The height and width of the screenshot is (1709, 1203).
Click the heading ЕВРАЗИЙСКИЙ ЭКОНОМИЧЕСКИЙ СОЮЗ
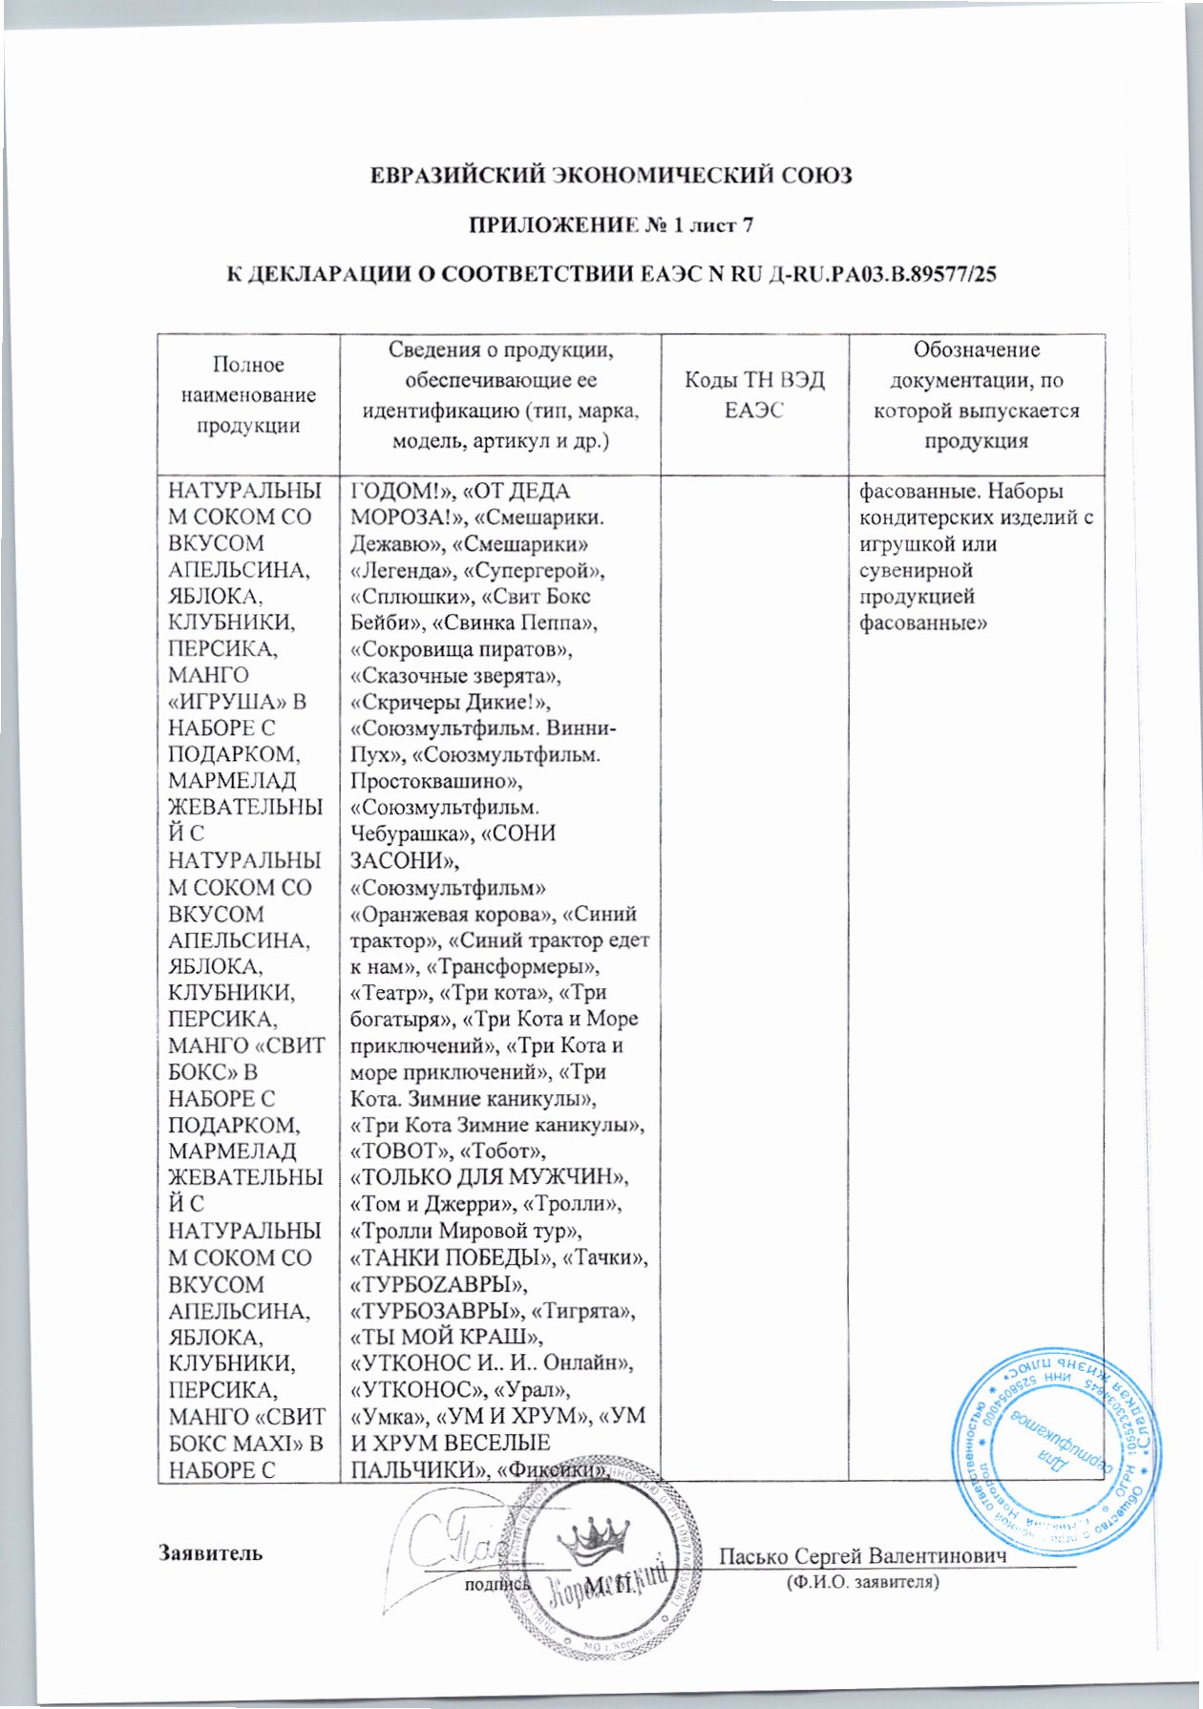pyautogui.click(x=610, y=176)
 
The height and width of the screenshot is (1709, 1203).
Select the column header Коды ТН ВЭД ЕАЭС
pyautogui.click(x=754, y=395)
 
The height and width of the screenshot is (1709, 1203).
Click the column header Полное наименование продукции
pyautogui.click(x=248, y=395)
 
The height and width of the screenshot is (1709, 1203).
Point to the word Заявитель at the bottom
pyautogui.click(x=210, y=1551)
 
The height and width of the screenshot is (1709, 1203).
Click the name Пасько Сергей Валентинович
pyautogui.click(x=863, y=1555)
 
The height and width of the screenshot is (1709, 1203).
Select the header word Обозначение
pyautogui.click(x=977, y=349)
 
